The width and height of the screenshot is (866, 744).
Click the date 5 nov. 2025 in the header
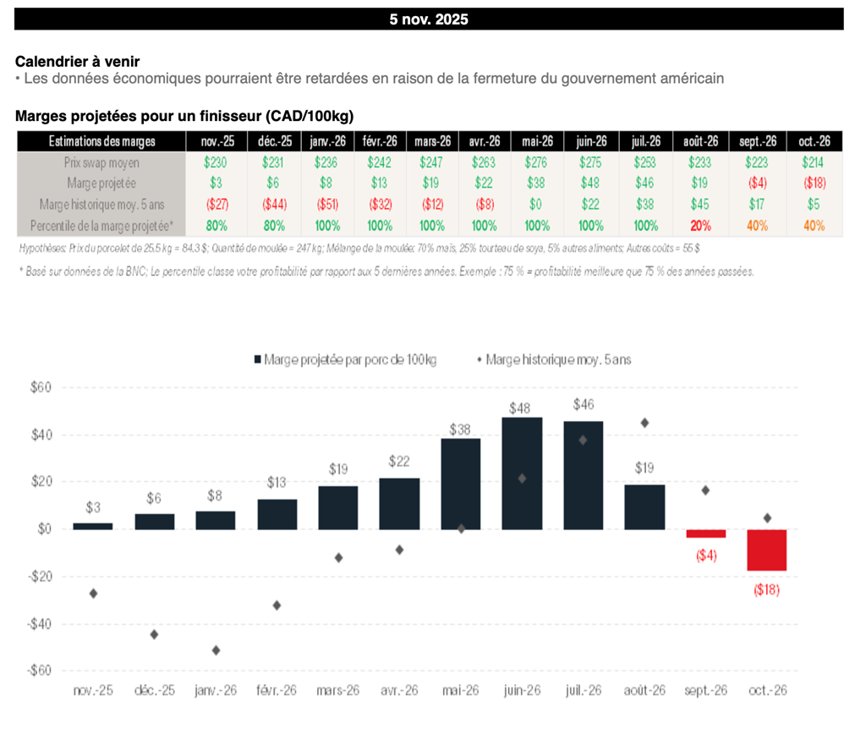coord(429,19)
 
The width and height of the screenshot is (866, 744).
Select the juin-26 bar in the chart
coord(522,473)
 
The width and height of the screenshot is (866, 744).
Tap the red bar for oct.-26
coord(766,550)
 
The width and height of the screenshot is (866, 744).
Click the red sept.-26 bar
coord(705,533)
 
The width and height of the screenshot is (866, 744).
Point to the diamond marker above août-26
coord(645,423)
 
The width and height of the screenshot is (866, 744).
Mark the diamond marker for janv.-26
coord(216,650)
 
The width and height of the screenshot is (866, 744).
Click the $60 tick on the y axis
coord(40,388)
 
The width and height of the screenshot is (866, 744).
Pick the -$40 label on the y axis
coord(38,624)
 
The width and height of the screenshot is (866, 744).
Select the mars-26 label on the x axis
coord(338,691)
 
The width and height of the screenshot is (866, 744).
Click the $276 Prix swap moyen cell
coord(538,162)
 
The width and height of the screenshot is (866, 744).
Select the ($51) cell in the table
coord(326,205)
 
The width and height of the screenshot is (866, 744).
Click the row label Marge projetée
coord(101,183)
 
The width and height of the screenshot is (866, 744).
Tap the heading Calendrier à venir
coord(78,62)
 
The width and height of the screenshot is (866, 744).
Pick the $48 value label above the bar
coord(521,408)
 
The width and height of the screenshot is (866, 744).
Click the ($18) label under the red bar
coord(766,589)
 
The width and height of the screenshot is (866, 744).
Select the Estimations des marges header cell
coord(101,141)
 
